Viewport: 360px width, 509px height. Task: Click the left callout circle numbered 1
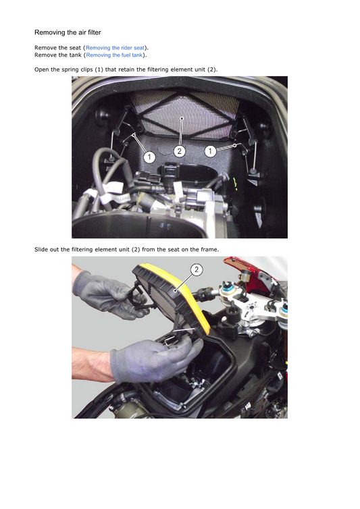pos(149,157)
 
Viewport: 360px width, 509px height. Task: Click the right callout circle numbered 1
pos(210,152)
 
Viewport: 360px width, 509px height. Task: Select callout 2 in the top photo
pos(180,152)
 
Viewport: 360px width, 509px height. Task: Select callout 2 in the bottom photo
pos(197,270)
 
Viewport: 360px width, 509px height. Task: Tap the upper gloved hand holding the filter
pos(101,292)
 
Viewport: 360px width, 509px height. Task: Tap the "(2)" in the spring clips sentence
pos(211,70)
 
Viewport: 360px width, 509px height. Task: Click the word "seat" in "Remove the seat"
pos(73,49)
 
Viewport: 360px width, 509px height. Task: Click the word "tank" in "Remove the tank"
pos(73,55)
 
